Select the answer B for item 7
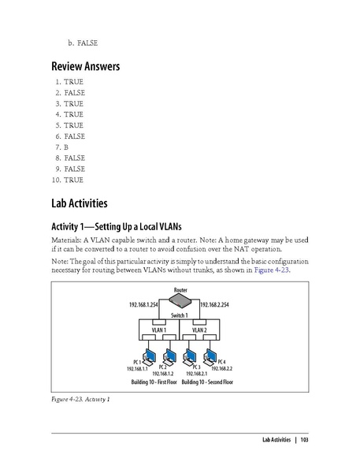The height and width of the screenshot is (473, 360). [67, 147]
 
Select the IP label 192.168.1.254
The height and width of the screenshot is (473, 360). [145, 304]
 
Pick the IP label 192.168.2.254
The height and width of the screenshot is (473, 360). [215, 304]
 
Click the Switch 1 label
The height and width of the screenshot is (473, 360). [180, 315]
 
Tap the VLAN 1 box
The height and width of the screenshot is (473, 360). [160, 330]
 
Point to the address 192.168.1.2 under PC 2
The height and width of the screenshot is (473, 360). [165, 374]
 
